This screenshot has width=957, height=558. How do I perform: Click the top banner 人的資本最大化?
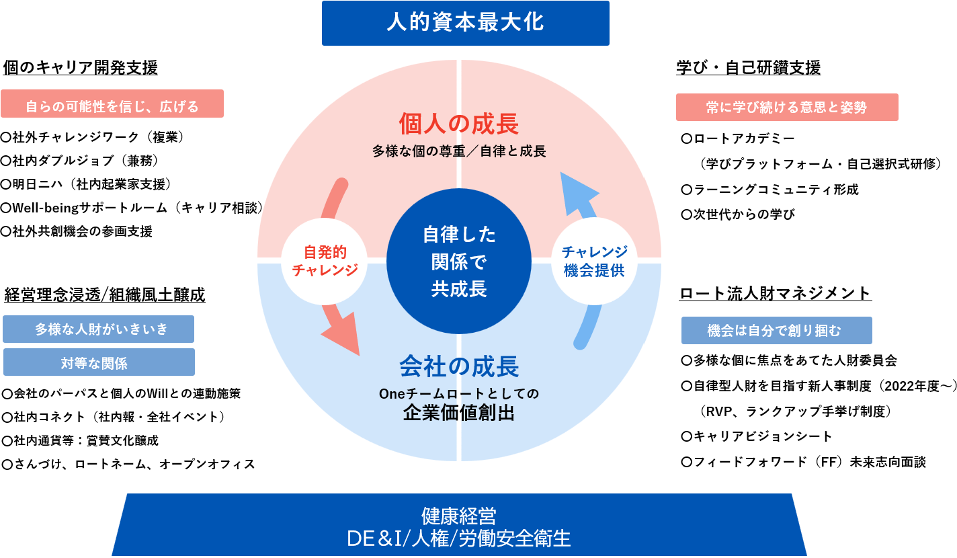pos(465,23)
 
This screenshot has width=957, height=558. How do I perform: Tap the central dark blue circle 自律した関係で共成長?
pos(459,262)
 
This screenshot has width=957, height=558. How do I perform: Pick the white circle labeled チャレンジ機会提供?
pos(594,261)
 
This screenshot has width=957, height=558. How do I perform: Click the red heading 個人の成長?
pos(459,124)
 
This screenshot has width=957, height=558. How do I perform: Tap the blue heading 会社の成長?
pos(459,367)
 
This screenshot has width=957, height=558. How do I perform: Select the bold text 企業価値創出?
pos(459,413)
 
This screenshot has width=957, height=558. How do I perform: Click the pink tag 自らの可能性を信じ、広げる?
pos(112,106)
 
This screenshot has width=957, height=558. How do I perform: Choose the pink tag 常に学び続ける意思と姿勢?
pos(786,107)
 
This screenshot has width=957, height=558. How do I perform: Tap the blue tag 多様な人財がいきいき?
pos(99,329)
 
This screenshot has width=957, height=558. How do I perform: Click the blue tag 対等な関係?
pos(99,363)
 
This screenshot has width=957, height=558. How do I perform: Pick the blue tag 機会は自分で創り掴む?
pos(776,331)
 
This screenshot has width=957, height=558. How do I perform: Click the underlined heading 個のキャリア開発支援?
pos(81,68)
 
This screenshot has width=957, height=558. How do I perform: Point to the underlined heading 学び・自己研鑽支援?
pos(748,68)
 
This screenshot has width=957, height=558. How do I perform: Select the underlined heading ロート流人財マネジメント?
pos(776,294)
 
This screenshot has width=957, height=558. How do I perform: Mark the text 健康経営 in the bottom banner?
pos(459,516)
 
